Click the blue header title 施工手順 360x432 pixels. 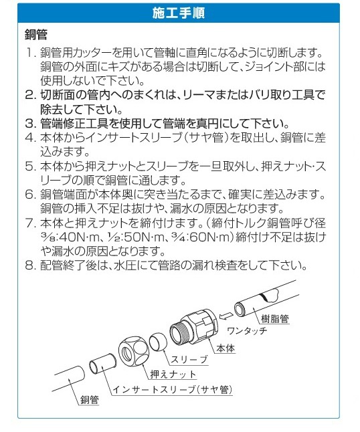179,13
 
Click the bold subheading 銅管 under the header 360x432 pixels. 36,34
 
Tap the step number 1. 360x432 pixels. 29,52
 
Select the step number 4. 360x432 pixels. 29,138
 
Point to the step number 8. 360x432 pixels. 29,265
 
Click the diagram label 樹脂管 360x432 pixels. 274,318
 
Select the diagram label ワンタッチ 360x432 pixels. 247,330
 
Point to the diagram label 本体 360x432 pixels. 226,348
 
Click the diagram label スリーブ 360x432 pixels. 189,360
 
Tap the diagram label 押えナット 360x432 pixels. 173,374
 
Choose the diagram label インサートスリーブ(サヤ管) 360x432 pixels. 173,389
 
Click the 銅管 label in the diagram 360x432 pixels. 89,400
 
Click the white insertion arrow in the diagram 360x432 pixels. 225,316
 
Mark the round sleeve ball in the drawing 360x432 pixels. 158,341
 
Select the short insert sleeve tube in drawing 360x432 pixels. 102,364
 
